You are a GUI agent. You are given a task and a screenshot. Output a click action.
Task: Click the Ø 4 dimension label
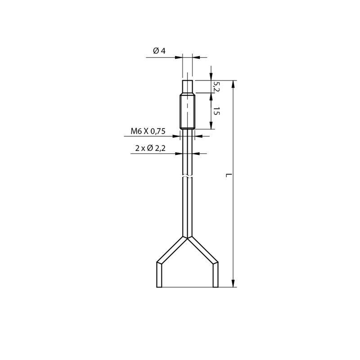(159, 51)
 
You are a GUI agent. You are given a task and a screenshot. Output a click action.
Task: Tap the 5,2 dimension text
(216, 86)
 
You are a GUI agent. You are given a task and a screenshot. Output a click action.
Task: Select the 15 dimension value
(216, 111)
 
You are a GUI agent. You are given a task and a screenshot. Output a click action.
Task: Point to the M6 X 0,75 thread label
(148, 131)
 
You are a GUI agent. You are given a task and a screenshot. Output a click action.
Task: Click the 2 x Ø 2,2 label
(150, 148)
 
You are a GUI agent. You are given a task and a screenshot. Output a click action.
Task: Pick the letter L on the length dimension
(229, 175)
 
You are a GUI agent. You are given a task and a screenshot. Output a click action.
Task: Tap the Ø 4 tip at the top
(188, 86)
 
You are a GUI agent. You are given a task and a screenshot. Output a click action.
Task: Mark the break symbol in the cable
(187, 176)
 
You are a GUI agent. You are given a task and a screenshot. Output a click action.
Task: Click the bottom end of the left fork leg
(159, 287)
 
